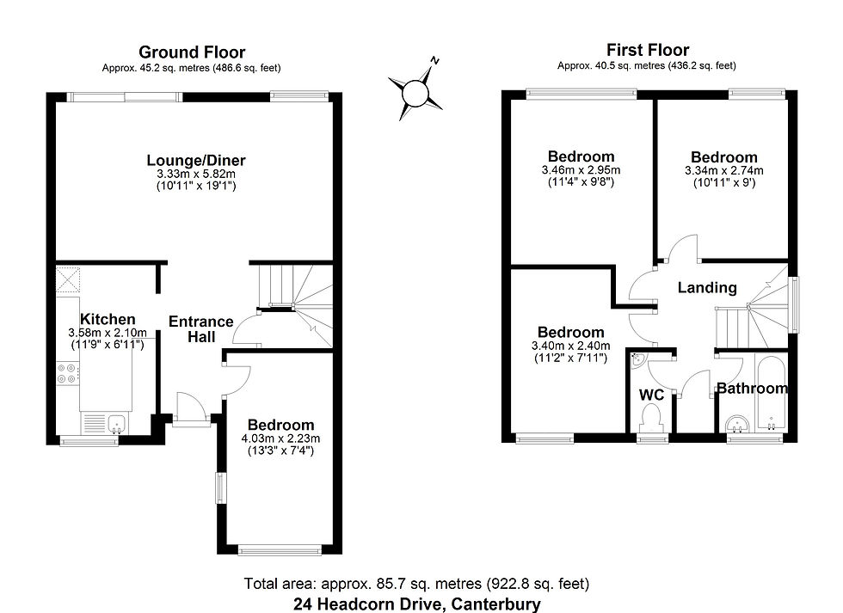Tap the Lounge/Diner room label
196,160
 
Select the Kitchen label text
108,319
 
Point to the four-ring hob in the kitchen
68,374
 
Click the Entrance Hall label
200,329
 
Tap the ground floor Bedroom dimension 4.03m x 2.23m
280,438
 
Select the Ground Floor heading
192,52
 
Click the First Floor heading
647,50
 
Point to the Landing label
706,287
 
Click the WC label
650,394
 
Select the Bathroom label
751,389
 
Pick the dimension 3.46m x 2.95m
581,170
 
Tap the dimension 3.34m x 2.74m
723,170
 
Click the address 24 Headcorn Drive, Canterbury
417,604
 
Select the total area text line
417,584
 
